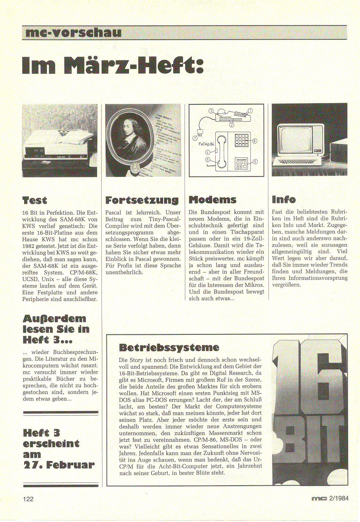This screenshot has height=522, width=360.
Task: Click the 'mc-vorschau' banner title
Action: click(x=73, y=33)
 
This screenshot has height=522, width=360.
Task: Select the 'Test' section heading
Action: click(x=35, y=200)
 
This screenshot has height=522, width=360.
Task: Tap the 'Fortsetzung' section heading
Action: click(x=142, y=200)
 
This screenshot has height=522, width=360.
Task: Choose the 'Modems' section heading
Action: click(x=212, y=199)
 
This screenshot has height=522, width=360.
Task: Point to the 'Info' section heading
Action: click(x=284, y=199)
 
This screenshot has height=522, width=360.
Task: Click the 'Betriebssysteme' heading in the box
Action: click(x=169, y=347)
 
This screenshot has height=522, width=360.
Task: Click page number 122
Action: click(x=28, y=499)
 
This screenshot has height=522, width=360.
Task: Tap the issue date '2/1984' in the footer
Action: click(x=339, y=498)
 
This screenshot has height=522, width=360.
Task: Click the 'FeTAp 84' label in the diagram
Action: click(x=206, y=144)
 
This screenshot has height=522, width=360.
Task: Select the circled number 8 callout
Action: click(x=255, y=141)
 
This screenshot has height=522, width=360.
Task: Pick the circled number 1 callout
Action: click(x=250, y=111)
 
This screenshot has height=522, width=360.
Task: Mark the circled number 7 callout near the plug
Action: click(x=195, y=138)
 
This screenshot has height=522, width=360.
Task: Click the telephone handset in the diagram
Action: click(x=221, y=151)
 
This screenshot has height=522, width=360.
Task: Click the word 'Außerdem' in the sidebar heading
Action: click(x=54, y=318)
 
